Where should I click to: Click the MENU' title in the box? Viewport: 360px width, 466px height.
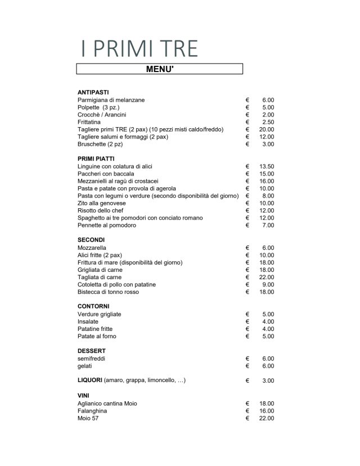[x=159, y=69]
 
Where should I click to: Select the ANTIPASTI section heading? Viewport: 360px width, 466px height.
[x=93, y=92]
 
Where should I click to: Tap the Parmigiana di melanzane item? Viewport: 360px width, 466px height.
[x=111, y=100]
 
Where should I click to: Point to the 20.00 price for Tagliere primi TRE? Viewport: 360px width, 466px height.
[x=266, y=129]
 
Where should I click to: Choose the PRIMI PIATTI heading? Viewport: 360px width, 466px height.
[x=96, y=159]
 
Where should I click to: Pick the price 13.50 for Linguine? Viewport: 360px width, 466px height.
[x=266, y=167]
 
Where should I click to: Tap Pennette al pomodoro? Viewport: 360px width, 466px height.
[x=107, y=225]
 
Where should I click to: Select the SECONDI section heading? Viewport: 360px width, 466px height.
[x=91, y=240]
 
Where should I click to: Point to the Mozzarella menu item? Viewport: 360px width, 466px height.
[x=92, y=248]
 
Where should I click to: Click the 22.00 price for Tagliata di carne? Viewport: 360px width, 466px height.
[x=266, y=277]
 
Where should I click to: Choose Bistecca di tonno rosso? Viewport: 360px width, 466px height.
[x=108, y=292]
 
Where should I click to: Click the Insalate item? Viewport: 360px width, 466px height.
[x=89, y=321]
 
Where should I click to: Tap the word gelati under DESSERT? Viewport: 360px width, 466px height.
[x=85, y=366]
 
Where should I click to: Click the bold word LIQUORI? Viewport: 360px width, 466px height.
[x=89, y=380]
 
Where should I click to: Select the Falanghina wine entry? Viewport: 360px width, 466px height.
[x=92, y=411]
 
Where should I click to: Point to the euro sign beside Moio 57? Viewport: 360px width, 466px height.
[x=247, y=418]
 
